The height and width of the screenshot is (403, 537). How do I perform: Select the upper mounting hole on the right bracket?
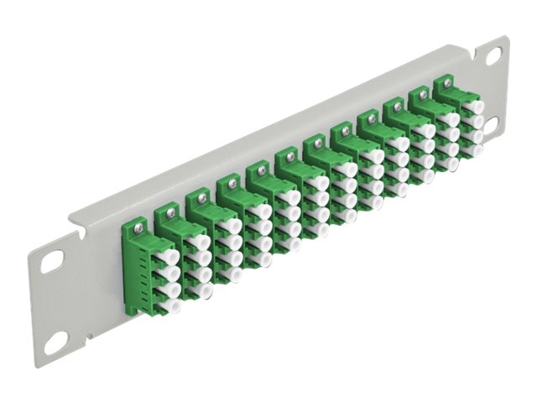(494, 55)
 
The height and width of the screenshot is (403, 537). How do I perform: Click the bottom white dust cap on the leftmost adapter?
(174, 294)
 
